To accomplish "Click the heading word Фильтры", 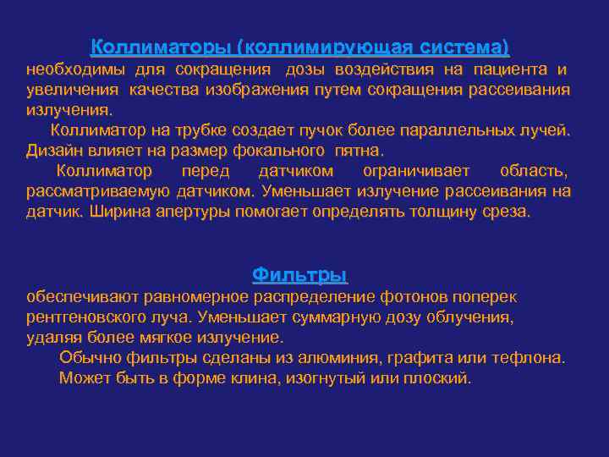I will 300,275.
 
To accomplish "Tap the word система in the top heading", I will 462,47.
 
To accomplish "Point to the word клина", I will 222,377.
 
